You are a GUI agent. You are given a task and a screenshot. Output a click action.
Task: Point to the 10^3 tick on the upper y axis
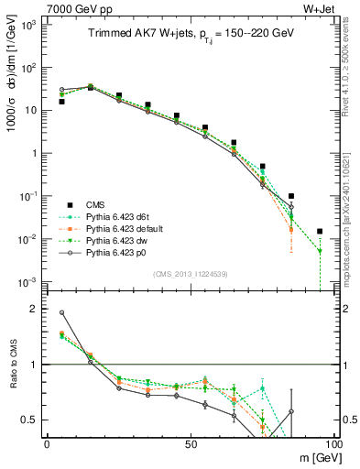[x=27, y=25]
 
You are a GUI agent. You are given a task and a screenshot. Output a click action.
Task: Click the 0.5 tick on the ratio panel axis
[x=30, y=420]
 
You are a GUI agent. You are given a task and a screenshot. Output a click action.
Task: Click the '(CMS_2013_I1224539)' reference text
[x=191, y=273]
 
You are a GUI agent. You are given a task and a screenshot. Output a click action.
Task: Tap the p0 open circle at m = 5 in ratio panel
[x=62, y=312]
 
